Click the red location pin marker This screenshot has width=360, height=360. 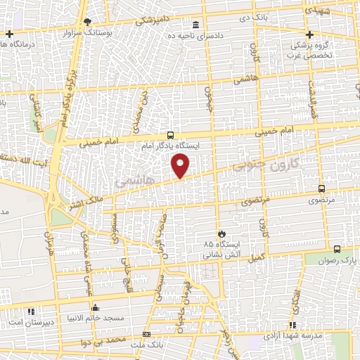coord(181,167)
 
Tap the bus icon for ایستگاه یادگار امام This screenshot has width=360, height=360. coord(171,135)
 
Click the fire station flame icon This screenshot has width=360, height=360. coord(223,233)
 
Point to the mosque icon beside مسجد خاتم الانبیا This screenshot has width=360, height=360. coord(96,308)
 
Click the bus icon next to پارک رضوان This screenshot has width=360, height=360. coord(337,249)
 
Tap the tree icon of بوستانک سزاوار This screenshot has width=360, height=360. coord(86,22)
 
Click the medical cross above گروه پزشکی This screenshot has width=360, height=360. coord(309,34)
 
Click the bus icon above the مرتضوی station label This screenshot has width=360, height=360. coord(322,188)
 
